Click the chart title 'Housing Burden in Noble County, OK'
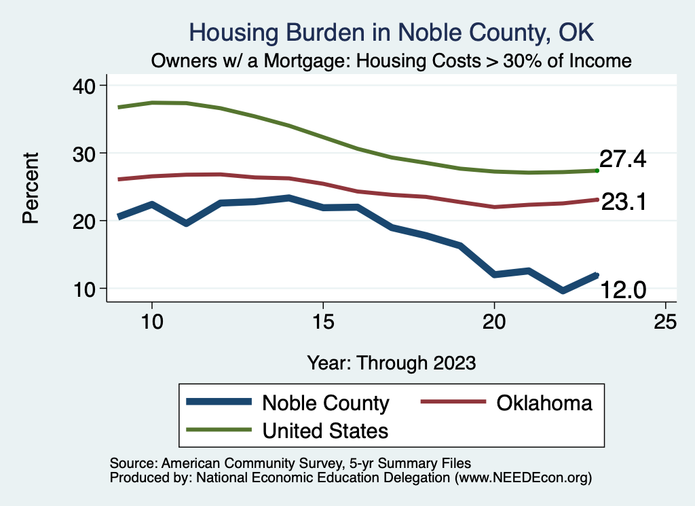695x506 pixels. click(392, 32)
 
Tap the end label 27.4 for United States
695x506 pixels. click(622, 160)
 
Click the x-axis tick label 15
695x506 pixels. click(323, 321)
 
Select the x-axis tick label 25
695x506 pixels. click(665, 321)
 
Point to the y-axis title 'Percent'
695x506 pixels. click(30, 187)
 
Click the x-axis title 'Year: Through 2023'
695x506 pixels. click(391, 362)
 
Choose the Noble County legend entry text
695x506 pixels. click(325, 403)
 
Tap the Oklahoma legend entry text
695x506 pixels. click(544, 403)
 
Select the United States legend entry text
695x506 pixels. click(325, 430)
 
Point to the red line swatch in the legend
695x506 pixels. click(453, 402)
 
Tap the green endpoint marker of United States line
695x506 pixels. click(597, 170)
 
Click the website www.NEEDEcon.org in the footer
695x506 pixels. click(523, 477)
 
